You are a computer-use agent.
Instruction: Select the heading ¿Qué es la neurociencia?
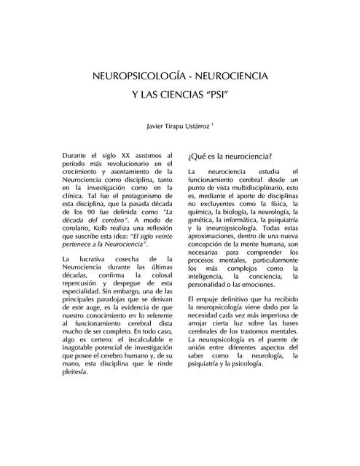pyautogui.click(x=230, y=157)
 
